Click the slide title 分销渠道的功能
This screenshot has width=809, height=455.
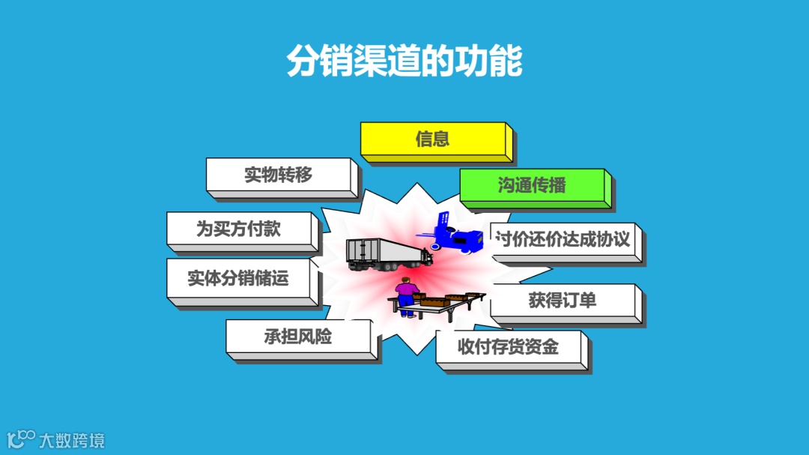point(404,62)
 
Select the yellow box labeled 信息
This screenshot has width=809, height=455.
point(433,139)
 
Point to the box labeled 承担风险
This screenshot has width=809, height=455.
point(297,337)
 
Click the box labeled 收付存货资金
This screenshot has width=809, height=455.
point(509,347)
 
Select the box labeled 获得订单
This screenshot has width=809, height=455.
point(563,301)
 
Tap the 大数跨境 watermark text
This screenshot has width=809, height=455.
point(72,439)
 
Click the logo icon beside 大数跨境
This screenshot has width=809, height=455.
point(20,439)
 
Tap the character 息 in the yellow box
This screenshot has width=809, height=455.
point(441,139)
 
